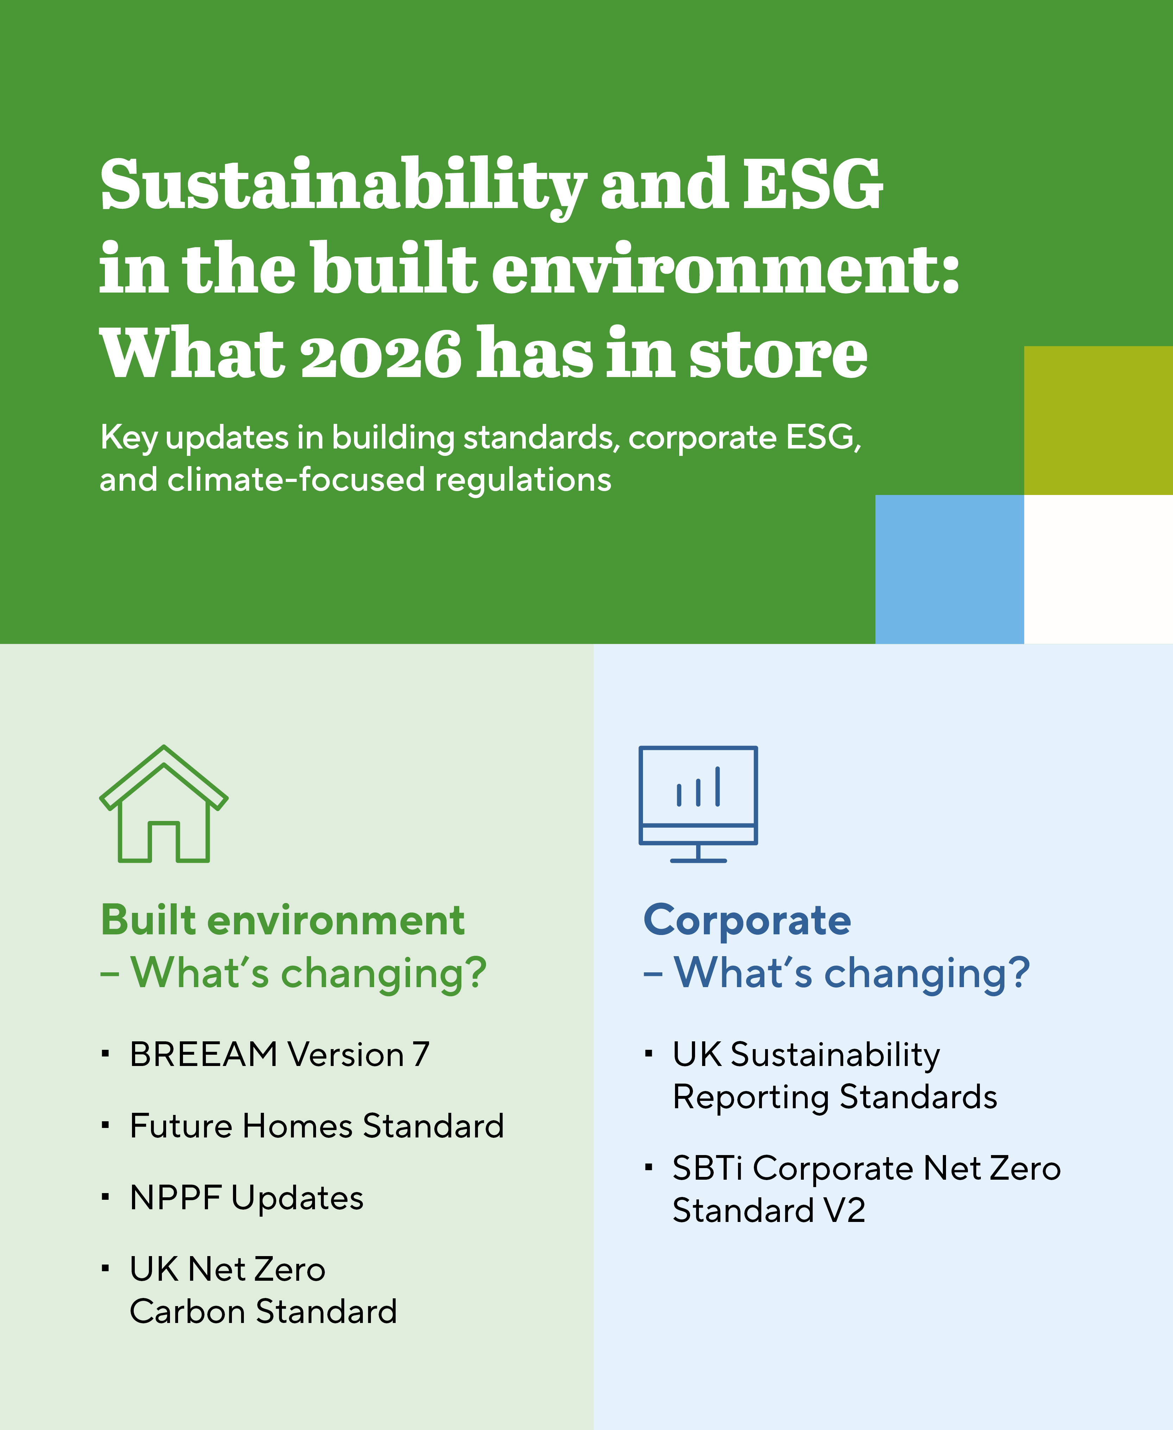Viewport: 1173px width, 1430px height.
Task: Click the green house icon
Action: click(x=164, y=804)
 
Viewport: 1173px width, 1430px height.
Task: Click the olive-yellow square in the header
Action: click(x=1098, y=420)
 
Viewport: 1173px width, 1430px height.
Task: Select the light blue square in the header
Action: click(x=950, y=569)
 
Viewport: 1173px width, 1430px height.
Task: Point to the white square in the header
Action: click(x=1098, y=569)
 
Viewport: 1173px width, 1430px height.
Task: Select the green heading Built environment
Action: click(x=283, y=921)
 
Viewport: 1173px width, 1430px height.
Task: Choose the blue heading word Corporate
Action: click(x=747, y=921)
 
